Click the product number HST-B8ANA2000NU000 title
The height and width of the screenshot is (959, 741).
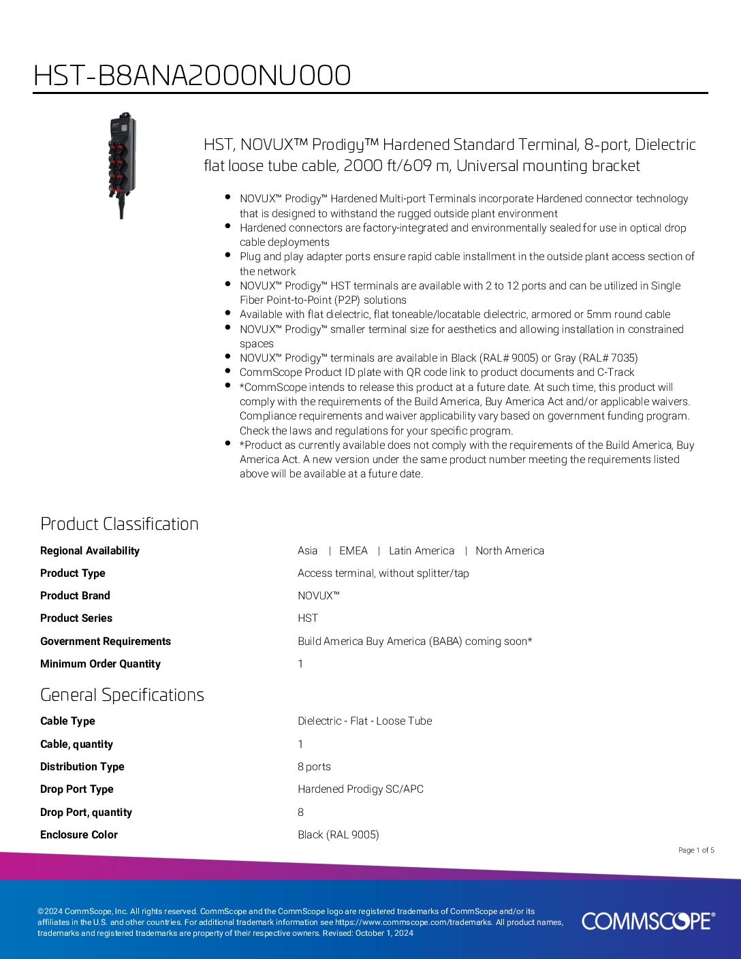[x=192, y=76]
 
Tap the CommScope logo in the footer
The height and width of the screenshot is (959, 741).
[x=648, y=921]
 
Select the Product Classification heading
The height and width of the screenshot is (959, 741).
[x=119, y=524]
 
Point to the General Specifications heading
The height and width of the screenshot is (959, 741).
[x=122, y=695]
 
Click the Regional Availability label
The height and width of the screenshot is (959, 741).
[x=90, y=551]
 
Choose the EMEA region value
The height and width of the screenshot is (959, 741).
[x=353, y=551]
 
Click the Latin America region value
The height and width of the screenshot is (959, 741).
[x=421, y=551]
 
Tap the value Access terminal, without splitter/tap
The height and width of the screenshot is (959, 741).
[x=383, y=573]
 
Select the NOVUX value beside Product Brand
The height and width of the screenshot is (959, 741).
[x=318, y=596]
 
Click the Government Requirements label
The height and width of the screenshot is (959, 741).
[x=106, y=642]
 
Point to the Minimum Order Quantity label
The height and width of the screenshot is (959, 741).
[x=100, y=664]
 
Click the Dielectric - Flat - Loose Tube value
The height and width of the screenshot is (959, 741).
[x=364, y=721]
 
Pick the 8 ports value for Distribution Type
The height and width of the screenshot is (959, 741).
[x=314, y=767]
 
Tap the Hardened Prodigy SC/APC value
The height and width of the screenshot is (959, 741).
[x=360, y=789]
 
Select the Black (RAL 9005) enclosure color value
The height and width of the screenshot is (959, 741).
[x=338, y=835]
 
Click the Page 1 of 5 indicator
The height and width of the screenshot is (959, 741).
[x=696, y=850]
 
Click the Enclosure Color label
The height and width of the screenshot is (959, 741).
[x=79, y=835]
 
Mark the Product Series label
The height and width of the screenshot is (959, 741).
[x=76, y=618]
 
